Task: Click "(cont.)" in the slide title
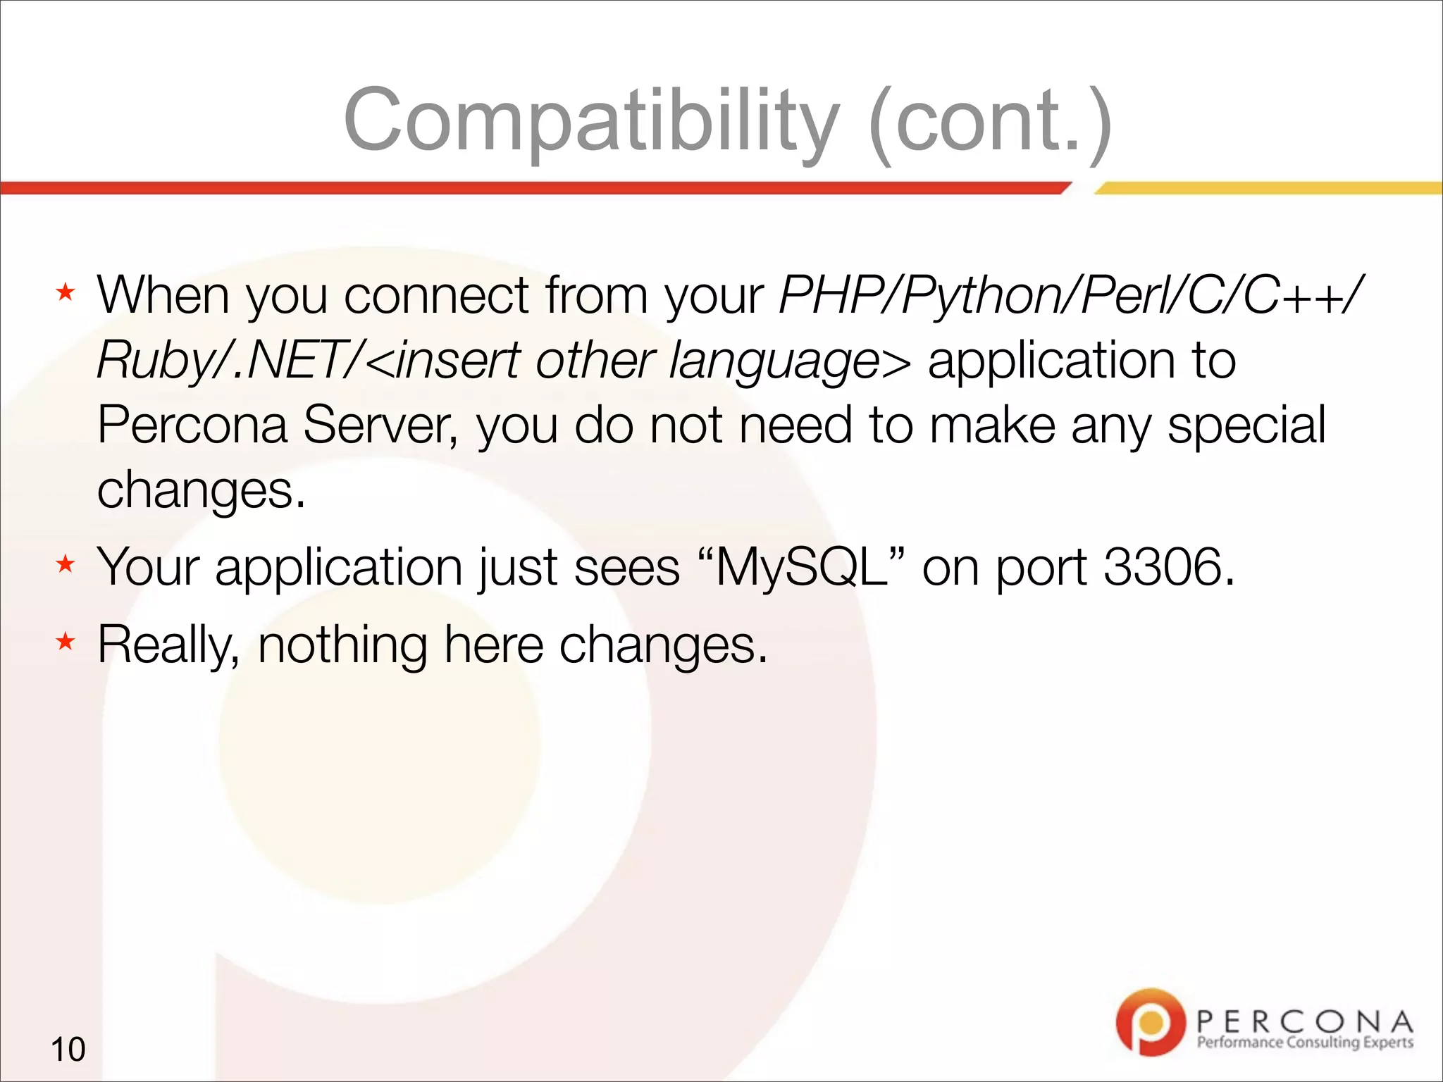tap(990, 121)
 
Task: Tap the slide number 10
tap(68, 1050)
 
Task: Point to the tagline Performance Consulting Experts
tap(1305, 1043)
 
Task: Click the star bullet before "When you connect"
tap(66, 292)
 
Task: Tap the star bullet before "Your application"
tap(66, 564)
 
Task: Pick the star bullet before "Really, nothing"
tap(66, 642)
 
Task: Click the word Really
tap(169, 645)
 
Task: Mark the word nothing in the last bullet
tap(342, 645)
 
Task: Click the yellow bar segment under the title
tap(1268, 188)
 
